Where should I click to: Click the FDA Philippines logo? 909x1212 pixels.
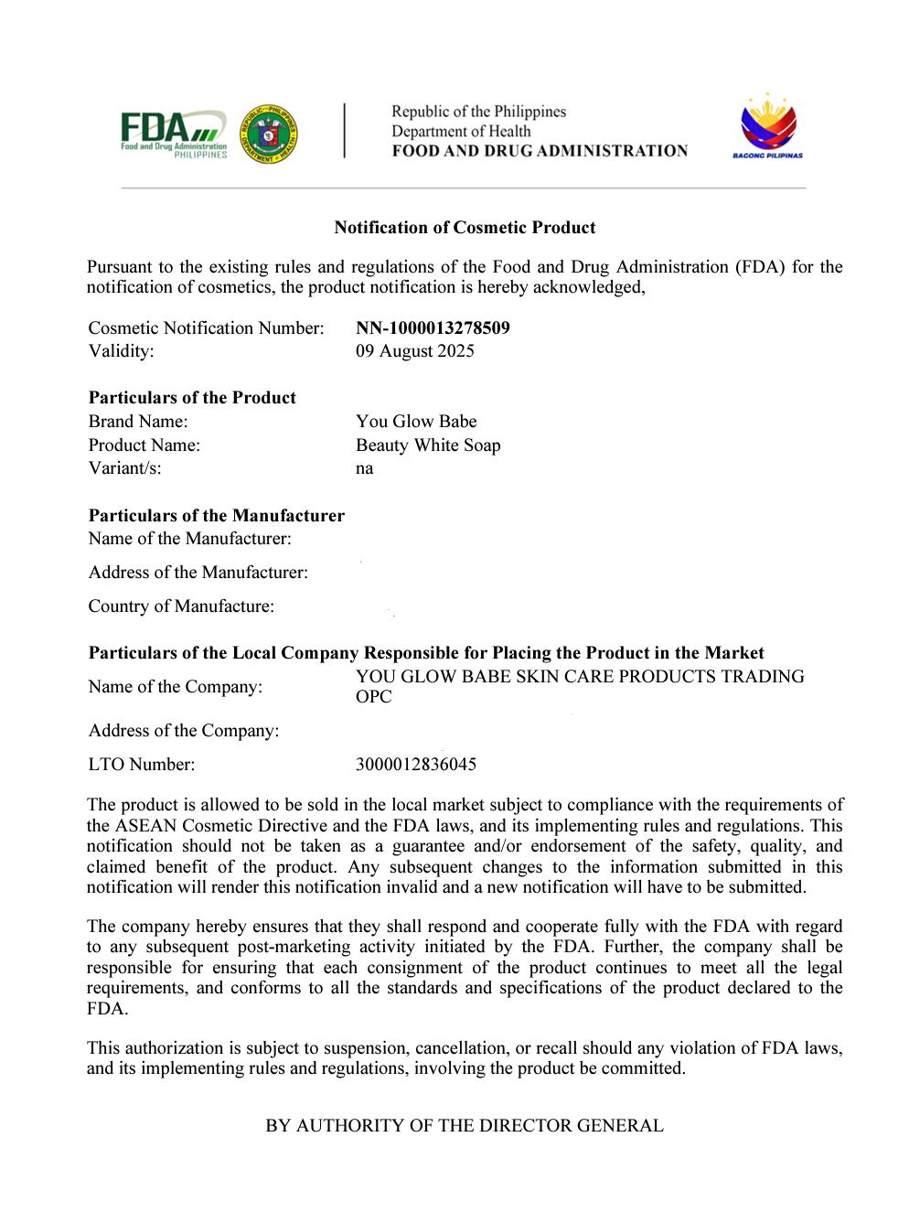(x=173, y=134)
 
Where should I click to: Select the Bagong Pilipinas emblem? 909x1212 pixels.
(x=767, y=127)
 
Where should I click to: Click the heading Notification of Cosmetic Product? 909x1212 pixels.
(x=465, y=228)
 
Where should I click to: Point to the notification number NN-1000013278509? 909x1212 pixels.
(x=433, y=327)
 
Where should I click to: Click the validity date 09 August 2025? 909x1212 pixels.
(x=414, y=351)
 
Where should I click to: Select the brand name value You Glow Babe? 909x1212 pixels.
(x=416, y=422)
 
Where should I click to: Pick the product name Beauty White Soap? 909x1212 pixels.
(x=428, y=445)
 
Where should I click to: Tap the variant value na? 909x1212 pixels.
(x=364, y=469)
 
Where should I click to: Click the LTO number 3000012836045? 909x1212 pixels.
(x=415, y=765)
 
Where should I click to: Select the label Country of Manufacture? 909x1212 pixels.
(x=181, y=606)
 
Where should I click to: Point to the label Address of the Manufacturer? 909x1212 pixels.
(x=198, y=573)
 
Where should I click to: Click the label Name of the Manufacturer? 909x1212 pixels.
(x=189, y=539)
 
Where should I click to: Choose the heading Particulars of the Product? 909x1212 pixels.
(x=192, y=398)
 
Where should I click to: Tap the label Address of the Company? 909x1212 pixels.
(x=183, y=731)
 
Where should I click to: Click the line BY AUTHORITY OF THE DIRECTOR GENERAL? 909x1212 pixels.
(x=465, y=1126)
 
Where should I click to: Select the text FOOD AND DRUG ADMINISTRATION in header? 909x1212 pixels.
(x=540, y=151)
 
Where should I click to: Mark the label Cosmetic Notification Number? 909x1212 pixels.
(x=206, y=327)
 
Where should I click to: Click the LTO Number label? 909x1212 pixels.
(x=141, y=765)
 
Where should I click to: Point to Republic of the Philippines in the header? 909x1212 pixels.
(x=478, y=112)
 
